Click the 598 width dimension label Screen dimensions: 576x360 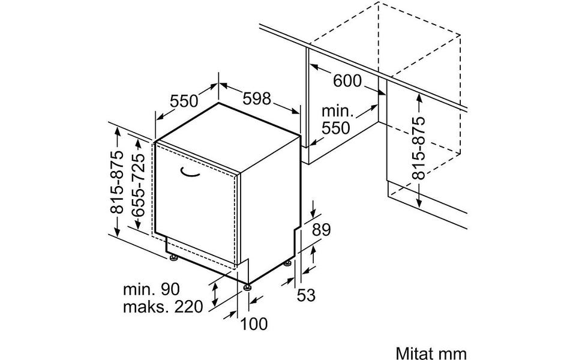257,98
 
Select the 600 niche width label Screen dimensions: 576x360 347,80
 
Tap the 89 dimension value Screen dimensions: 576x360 322,230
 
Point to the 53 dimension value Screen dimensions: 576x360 306,295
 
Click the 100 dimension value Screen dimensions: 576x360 254,323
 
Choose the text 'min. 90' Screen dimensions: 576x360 151,289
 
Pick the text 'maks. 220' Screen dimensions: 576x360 163,307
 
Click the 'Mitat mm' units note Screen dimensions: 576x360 431,353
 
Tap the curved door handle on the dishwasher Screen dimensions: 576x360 190,173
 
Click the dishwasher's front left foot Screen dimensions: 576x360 173,259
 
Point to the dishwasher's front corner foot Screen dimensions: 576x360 248,287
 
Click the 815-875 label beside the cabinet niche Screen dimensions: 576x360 418,148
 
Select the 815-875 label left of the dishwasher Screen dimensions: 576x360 118,182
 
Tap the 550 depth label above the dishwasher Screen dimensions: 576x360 184,101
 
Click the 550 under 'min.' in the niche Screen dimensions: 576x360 336,128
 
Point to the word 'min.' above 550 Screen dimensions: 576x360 337,111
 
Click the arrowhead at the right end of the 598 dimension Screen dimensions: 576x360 296,112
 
